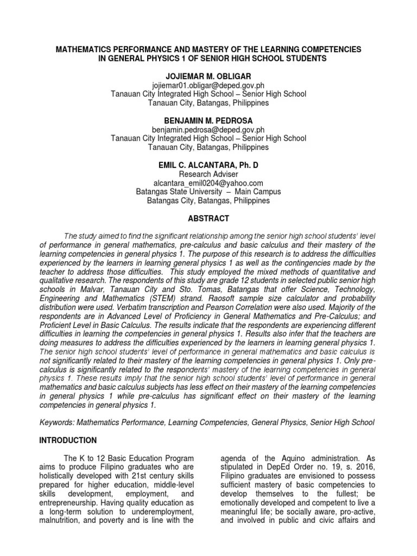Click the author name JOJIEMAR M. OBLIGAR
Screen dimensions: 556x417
208,77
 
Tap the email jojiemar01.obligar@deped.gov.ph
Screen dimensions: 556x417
208,85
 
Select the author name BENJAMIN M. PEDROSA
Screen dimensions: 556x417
208,120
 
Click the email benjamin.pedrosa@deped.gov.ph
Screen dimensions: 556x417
208,129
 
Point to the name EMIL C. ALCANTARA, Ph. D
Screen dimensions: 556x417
208,165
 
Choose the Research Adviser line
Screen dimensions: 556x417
208,174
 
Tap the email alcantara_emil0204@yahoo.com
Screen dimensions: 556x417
208,183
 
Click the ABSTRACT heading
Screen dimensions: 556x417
208,218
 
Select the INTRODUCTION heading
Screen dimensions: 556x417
68,440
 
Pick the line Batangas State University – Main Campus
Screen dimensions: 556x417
208,192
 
